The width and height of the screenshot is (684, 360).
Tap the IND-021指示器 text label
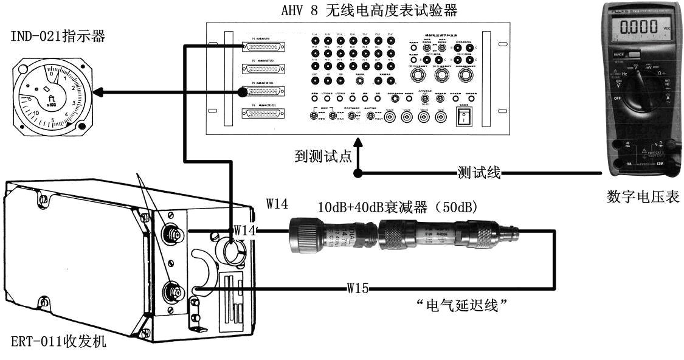coord(58,37)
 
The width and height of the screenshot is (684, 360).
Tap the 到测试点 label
coord(321,156)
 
